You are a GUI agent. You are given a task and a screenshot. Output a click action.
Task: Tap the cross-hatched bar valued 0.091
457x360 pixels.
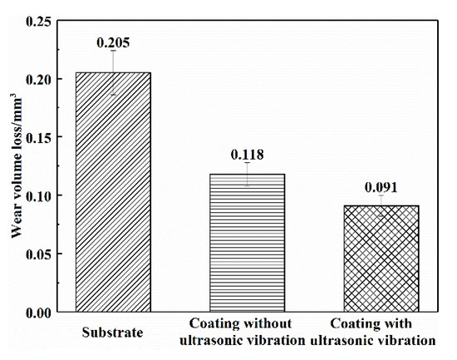pyautogui.click(x=381, y=259)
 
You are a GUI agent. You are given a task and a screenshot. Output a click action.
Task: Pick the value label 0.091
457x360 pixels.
pyautogui.click(x=381, y=186)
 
